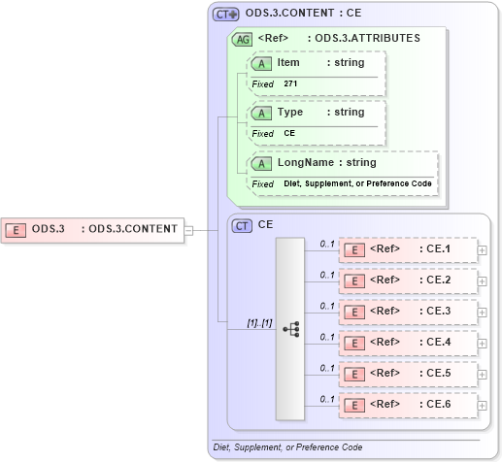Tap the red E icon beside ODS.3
click(17, 230)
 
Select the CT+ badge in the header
click(226, 15)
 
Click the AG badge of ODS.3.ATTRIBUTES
click(242, 39)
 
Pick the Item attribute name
click(288, 62)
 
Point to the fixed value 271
click(290, 83)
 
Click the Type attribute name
click(290, 112)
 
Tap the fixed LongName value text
click(357, 183)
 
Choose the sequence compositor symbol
click(290, 329)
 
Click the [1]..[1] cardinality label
click(246, 321)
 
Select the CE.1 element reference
click(409, 249)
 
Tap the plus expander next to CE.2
click(483, 280)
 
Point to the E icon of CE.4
click(356, 343)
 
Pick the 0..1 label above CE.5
click(327, 367)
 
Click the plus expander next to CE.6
click(483, 405)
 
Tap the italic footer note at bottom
click(287, 447)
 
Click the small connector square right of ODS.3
click(190, 230)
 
